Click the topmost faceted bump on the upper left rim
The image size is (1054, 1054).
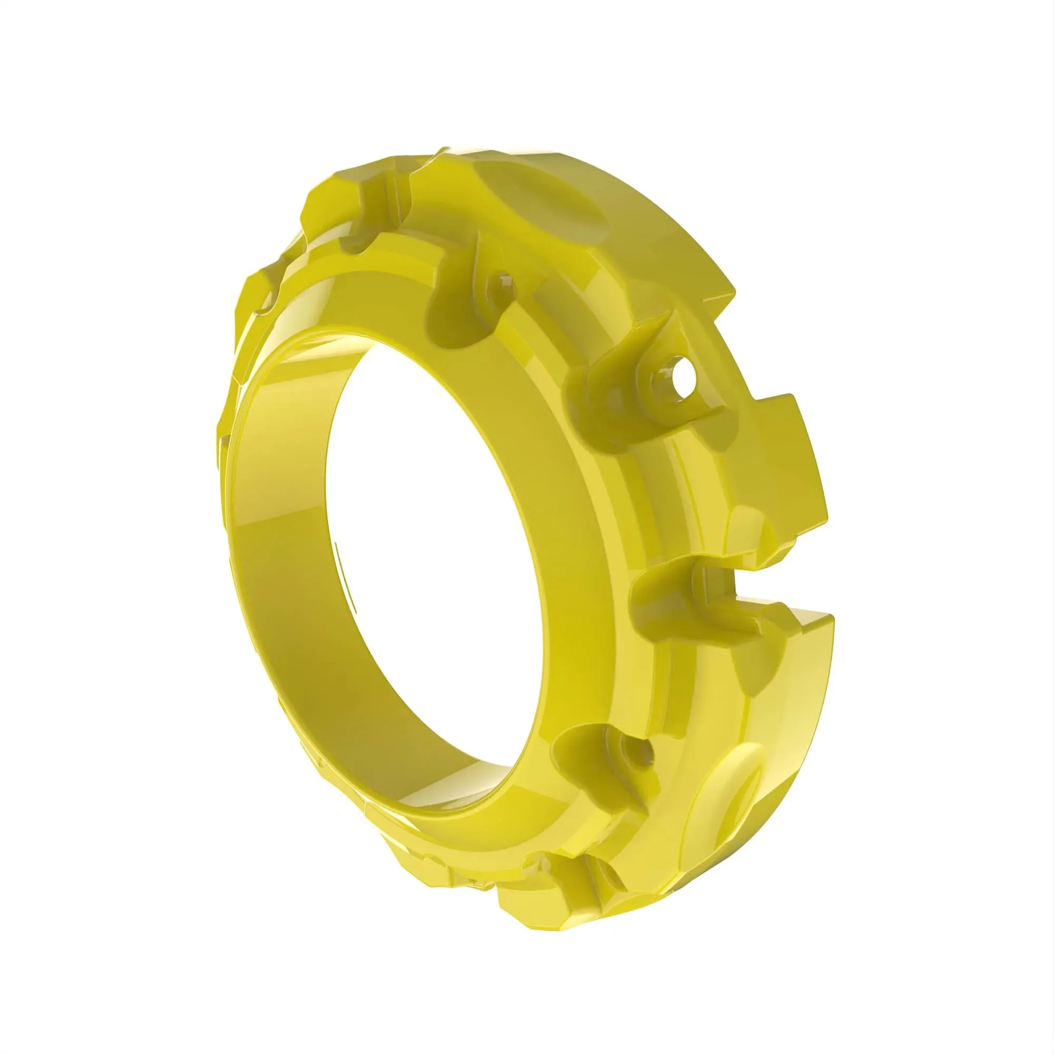(x=333, y=191)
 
